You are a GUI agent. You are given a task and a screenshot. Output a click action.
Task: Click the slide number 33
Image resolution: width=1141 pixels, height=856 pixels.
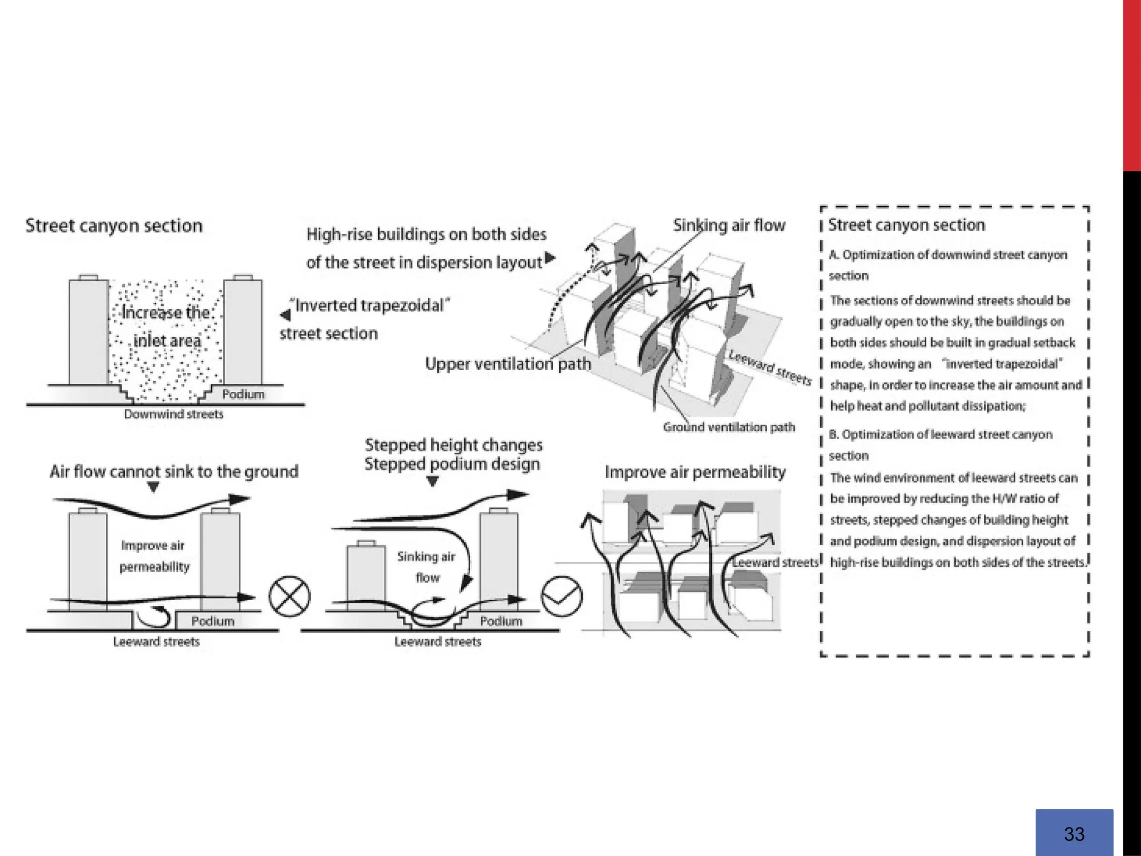click(1074, 834)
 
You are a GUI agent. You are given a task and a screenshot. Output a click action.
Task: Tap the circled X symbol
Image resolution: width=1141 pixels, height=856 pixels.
click(289, 597)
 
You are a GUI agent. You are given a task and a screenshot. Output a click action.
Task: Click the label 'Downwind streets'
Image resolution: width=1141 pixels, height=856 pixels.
click(173, 414)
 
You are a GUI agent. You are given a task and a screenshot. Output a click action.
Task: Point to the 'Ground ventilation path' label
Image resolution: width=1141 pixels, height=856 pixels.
click(729, 427)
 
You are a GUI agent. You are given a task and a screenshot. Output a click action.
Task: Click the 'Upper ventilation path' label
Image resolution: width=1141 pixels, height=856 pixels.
click(508, 364)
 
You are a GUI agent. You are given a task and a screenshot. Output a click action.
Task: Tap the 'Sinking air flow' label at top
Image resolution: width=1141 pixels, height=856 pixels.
click(729, 225)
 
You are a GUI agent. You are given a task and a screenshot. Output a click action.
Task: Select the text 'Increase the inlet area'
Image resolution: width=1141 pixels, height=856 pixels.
click(166, 326)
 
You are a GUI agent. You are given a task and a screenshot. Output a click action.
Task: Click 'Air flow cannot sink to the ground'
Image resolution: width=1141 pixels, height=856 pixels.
click(174, 471)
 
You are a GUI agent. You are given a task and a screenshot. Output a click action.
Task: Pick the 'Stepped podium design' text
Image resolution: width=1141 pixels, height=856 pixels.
click(452, 464)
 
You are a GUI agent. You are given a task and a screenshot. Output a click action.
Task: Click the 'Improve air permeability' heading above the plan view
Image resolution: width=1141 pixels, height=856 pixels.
click(695, 472)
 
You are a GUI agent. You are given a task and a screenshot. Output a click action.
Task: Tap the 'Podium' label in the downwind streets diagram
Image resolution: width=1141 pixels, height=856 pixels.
click(243, 394)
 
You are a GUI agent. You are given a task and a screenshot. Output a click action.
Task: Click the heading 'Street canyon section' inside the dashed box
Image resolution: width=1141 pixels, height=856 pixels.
click(906, 225)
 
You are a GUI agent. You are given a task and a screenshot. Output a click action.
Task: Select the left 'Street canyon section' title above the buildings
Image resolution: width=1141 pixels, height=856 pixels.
click(114, 226)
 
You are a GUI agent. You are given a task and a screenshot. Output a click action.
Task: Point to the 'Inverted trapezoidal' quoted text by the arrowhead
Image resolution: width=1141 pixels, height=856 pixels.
click(372, 305)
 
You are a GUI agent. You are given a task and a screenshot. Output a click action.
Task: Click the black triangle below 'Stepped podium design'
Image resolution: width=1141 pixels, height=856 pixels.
click(432, 482)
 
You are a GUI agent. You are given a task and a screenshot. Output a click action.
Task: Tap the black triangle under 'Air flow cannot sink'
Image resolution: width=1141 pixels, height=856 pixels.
click(154, 487)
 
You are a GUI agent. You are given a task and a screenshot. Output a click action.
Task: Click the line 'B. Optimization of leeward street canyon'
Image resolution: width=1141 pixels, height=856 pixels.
click(940, 435)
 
